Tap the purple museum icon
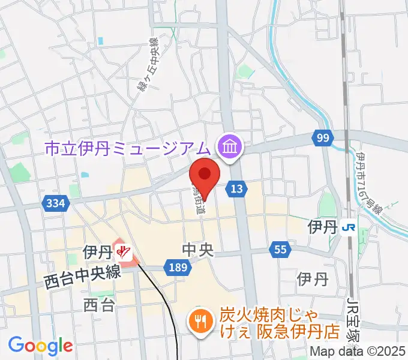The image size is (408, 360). [229, 145]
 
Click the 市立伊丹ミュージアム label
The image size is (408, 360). [128, 147]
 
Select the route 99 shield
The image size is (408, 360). [323, 139]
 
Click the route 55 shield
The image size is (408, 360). [280, 249]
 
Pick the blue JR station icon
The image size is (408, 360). [347, 227]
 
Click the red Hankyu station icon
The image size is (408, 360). [124, 252]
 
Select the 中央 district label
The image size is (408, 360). [199, 248]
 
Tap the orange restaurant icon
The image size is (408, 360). [199, 322]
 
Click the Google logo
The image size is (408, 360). [40, 345]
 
